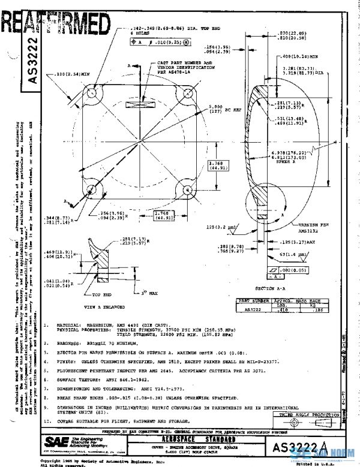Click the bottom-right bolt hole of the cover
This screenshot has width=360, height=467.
coord(186,192)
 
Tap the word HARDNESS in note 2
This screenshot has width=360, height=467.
coord(70,343)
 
